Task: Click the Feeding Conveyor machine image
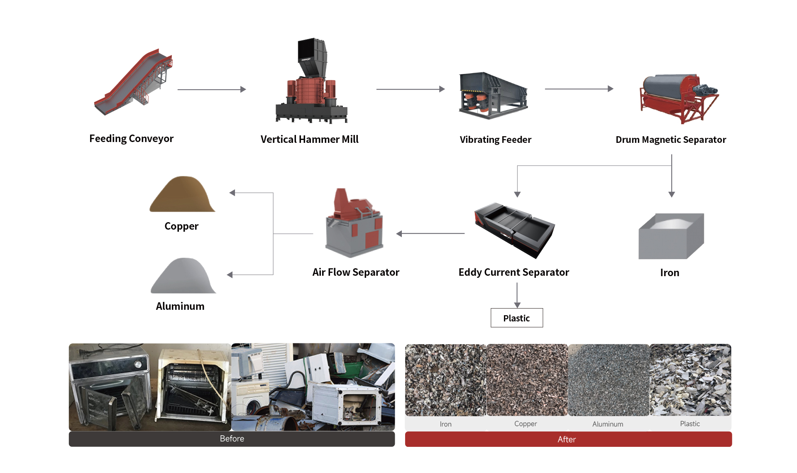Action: pyautogui.click(x=133, y=83)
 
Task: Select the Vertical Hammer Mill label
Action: pyautogui.click(x=309, y=140)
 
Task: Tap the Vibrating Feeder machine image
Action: pyautogui.click(x=493, y=96)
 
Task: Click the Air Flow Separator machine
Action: pyautogui.click(x=354, y=224)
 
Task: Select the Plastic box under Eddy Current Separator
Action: pyautogui.click(x=516, y=318)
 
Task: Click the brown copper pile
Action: pyautogui.click(x=182, y=195)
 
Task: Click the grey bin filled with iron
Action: pyautogui.click(x=670, y=237)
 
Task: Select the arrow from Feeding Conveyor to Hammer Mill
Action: pyautogui.click(x=212, y=89)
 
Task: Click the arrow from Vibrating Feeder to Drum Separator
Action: pyautogui.click(x=579, y=89)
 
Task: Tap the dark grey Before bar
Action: pyautogui.click(x=232, y=439)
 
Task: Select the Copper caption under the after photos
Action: pyautogui.click(x=526, y=424)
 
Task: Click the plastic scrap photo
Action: pyautogui.click(x=690, y=380)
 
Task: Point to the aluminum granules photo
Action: pyautogui.click(x=608, y=380)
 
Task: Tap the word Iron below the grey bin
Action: pyautogui.click(x=670, y=273)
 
